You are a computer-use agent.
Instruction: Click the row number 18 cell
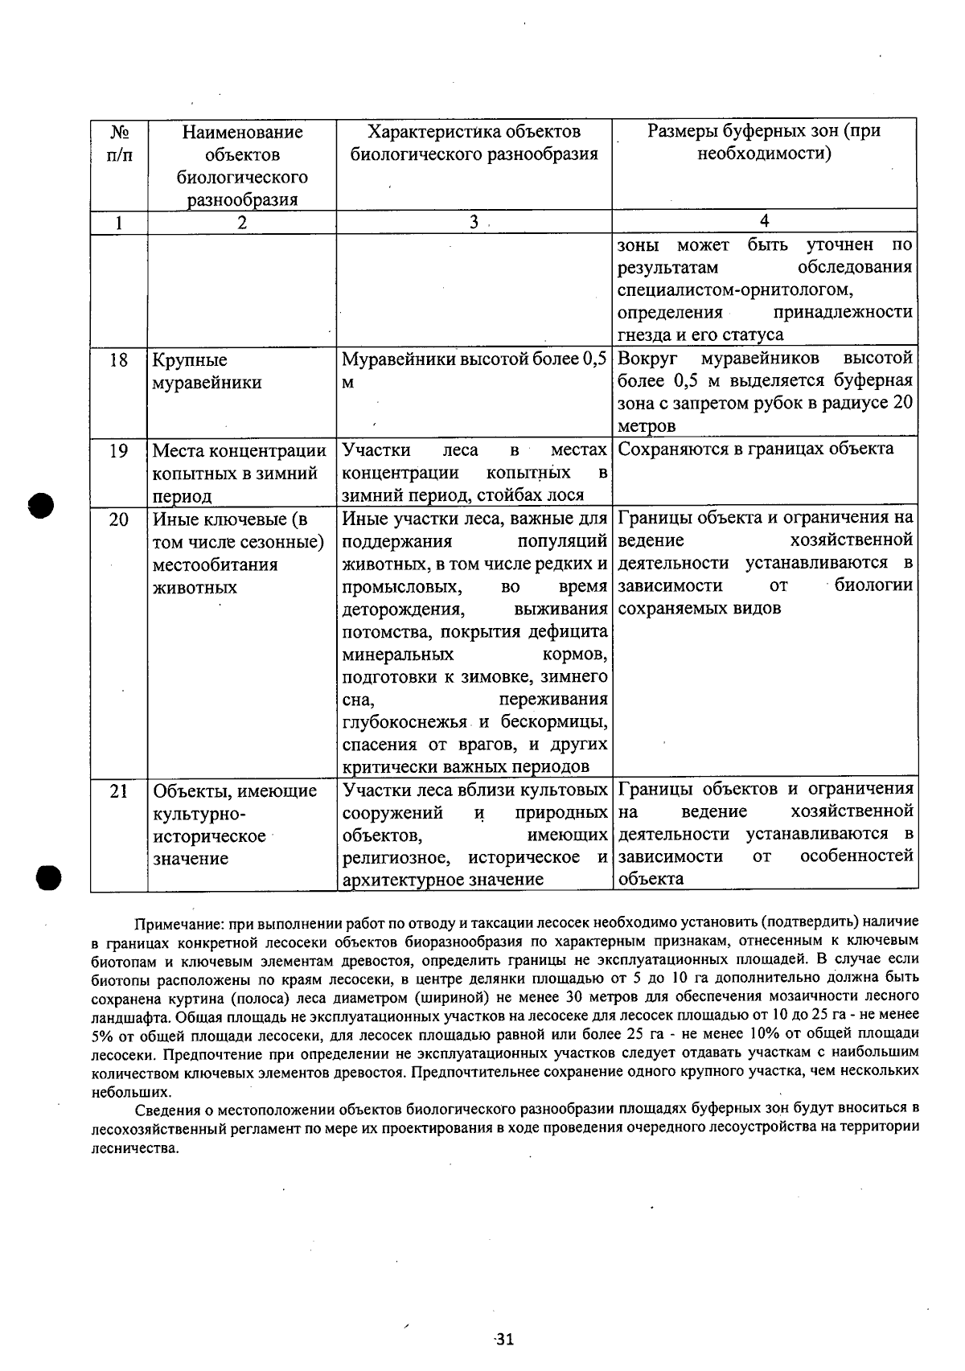tap(118, 360)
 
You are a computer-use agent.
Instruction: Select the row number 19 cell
tap(118, 451)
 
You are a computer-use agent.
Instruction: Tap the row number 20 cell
tap(118, 520)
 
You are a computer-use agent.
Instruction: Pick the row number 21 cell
tap(118, 791)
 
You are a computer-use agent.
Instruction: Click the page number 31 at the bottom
tap(504, 1339)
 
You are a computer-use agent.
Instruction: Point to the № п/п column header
tap(118, 143)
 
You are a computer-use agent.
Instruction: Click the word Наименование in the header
tap(242, 132)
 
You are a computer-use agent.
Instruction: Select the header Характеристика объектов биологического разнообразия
tap(474, 143)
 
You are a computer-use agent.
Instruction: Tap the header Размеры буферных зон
tap(764, 142)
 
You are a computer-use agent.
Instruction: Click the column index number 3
tap(474, 222)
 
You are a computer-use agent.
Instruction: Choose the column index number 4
tap(764, 221)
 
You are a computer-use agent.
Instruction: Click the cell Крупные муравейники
tap(207, 371)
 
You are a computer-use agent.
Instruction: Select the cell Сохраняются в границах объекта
tap(755, 449)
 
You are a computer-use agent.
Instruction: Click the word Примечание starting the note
tap(172, 922)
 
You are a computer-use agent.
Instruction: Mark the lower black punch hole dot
tap(47, 878)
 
